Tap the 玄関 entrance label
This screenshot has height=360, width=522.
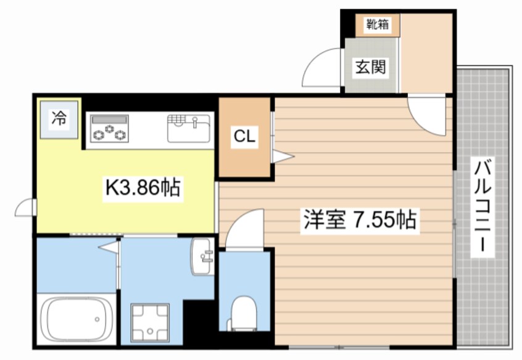tap(370, 66)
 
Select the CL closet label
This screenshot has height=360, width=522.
tap(244, 137)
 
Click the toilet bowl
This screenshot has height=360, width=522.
tap(243, 312)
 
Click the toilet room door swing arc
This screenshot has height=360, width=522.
tap(243, 228)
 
